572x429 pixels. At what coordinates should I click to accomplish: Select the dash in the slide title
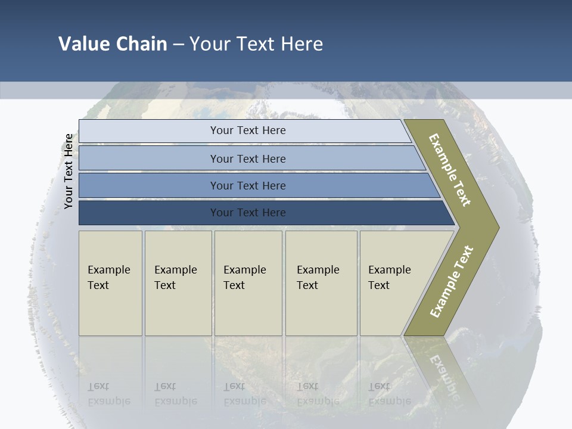178,45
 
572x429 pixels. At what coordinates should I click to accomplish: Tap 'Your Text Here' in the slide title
256,44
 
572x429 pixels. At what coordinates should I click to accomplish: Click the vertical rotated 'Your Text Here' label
69,171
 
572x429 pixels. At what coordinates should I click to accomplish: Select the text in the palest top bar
248,130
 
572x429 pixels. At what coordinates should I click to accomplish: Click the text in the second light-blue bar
248,158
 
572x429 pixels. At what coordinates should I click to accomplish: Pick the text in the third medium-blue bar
248,186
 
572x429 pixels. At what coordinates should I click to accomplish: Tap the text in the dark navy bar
248,213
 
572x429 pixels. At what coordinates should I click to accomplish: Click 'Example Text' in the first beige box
108,278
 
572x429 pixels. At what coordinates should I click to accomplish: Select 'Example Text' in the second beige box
175,278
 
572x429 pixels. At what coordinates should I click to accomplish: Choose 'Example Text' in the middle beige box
244,278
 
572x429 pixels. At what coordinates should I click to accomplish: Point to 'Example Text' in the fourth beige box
318,278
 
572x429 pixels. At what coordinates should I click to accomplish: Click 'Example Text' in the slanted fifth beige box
389,278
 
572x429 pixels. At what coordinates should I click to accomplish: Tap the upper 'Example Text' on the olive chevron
450,170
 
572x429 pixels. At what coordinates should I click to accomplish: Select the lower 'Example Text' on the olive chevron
451,282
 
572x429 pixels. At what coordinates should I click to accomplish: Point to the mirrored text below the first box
108,394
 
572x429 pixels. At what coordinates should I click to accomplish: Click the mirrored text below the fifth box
389,394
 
